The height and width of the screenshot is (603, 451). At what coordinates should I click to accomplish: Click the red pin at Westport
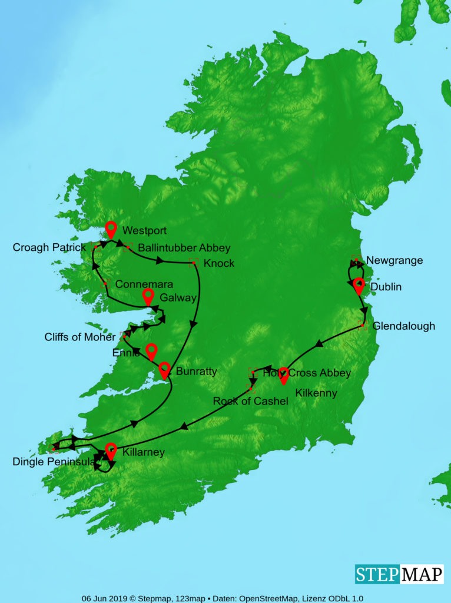(111, 229)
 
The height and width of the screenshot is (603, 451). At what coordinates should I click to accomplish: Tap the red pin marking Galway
(148, 296)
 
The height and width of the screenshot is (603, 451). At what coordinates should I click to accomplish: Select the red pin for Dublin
(359, 286)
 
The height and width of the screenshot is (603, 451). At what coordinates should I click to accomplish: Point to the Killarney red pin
(111, 450)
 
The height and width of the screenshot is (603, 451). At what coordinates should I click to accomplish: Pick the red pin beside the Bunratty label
(165, 370)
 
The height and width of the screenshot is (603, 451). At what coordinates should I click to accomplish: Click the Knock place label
(218, 263)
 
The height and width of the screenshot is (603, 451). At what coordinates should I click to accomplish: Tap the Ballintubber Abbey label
(184, 248)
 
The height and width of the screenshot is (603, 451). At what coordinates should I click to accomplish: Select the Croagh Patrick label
(49, 248)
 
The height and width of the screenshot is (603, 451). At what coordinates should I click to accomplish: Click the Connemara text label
(144, 284)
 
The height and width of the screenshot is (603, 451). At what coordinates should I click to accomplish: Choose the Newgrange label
(394, 260)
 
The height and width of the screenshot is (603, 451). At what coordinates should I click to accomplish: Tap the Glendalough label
(404, 326)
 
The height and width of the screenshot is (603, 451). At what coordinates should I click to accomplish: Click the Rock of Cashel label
(251, 402)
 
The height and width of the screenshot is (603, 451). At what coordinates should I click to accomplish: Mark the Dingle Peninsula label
(54, 462)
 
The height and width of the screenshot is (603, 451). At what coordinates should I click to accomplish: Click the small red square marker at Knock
(194, 261)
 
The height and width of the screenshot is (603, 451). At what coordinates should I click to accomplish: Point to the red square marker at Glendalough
(362, 326)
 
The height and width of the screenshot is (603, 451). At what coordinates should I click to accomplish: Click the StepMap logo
(399, 574)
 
